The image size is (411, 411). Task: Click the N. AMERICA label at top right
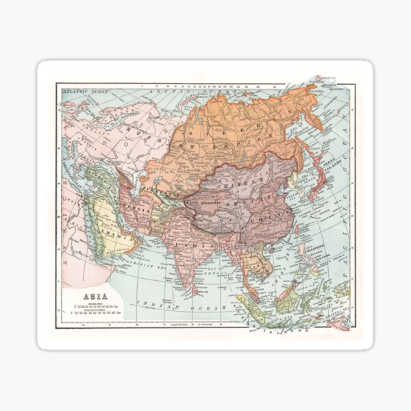329,77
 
